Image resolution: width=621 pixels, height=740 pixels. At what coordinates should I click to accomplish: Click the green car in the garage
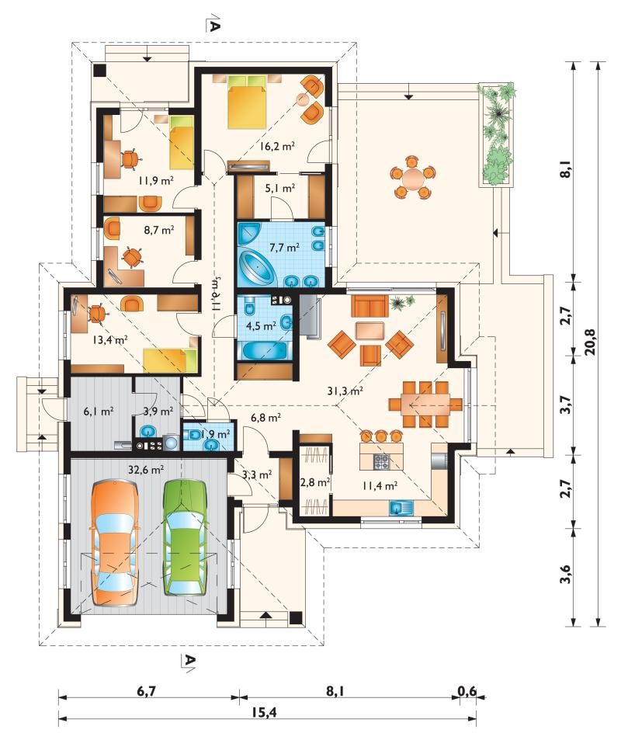(x=186, y=538)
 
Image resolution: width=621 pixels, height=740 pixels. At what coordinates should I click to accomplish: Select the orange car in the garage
(x=115, y=543)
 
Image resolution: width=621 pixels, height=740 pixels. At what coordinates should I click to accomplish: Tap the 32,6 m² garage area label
(x=146, y=469)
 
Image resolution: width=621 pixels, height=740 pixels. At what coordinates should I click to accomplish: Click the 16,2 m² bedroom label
(x=277, y=146)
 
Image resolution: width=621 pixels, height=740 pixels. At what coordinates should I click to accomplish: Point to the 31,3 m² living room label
(x=345, y=391)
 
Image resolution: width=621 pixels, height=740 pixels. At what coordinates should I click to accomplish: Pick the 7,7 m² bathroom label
(x=284, y=246)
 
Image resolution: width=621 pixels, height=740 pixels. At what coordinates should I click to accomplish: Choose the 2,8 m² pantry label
(x=314, y=482)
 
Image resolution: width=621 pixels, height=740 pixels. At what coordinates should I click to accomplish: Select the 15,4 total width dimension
(x=266, y=712)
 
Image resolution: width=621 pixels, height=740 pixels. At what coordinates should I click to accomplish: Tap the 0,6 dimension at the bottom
(x=467, y=691)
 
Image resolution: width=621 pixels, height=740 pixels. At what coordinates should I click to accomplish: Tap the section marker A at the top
(x=213, y=26)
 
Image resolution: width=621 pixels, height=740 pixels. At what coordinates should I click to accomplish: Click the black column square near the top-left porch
(x=99, y=70)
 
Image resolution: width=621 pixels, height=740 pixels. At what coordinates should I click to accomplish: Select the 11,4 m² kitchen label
(x=380, y=485)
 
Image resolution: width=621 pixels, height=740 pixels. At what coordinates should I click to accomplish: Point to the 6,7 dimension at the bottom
(x=147, y=691)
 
